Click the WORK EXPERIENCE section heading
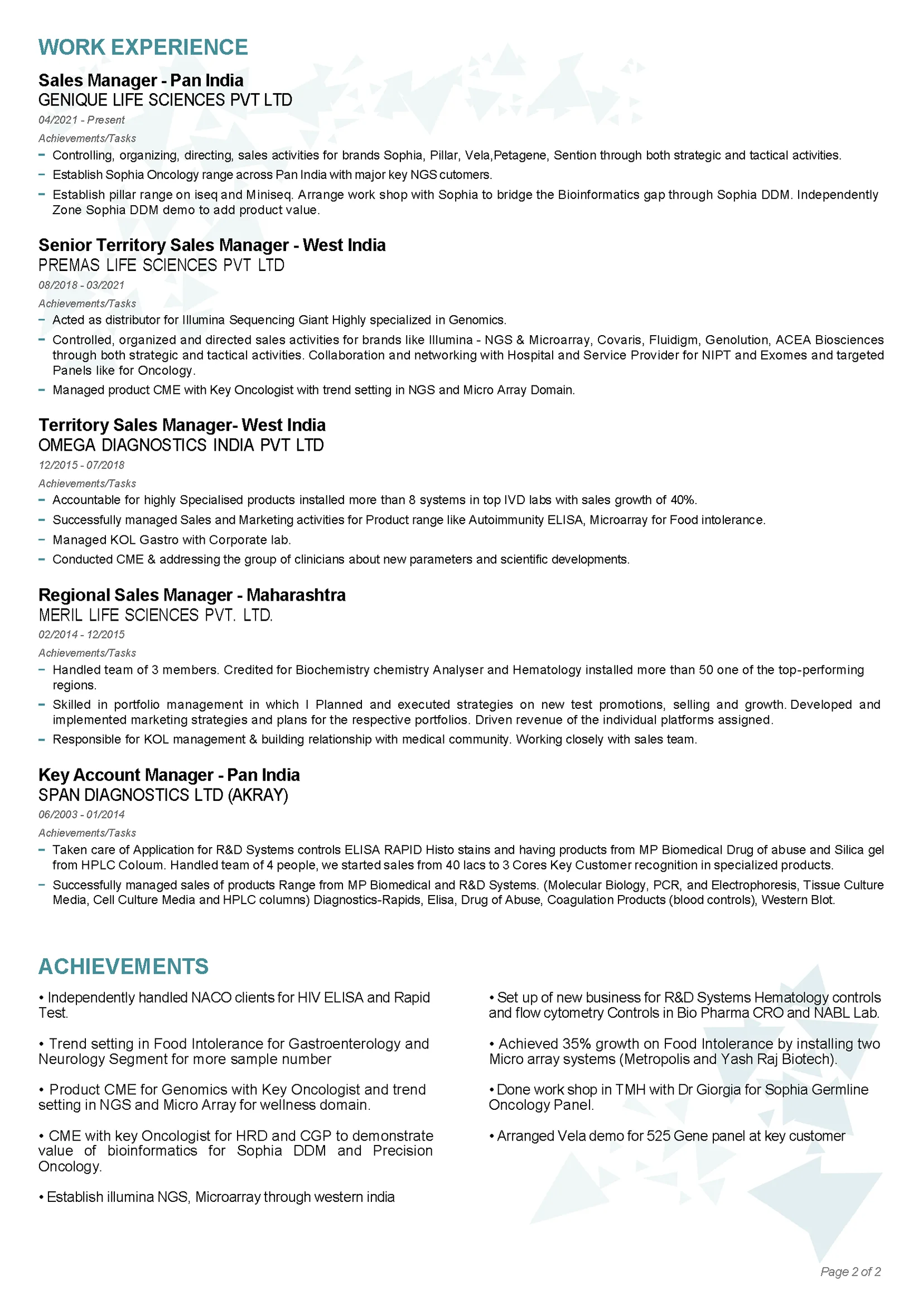pyautogui.click(x=143, y=47)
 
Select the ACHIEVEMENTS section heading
pyautogui.click(x=123, y=967)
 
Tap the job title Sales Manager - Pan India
pyautogui.click(x=141, y=81)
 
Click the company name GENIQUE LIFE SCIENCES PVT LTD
pyautogui.click(x=165, y=100)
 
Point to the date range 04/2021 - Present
pyautogui.click(x=81, y=120)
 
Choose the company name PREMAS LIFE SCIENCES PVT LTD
pyautogui.click(x=161, y=265)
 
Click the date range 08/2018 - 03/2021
pyautogui.click(x=81, y=286)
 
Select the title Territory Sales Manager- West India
pyautogui.click(x=182, y=425)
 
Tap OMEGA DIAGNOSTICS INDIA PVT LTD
pyautogui.click(x=181, y=445)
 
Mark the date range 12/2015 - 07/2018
pyautogui.click(x=81, y=465)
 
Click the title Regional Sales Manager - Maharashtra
pyautogui.click(x=192, y=595)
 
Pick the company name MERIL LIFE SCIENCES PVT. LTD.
pyautogui.click(x=156, y=615)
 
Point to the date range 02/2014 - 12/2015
pyautogui.click(x=81, y=634)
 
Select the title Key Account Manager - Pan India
pyautogui.click(x=169, y=775)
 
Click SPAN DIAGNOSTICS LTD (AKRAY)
pyautogui.click(x=163, y=795)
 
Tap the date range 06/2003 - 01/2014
pyautogui.click(x=81, y=814)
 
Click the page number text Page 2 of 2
pyautogui.click(x=850, y=1272)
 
